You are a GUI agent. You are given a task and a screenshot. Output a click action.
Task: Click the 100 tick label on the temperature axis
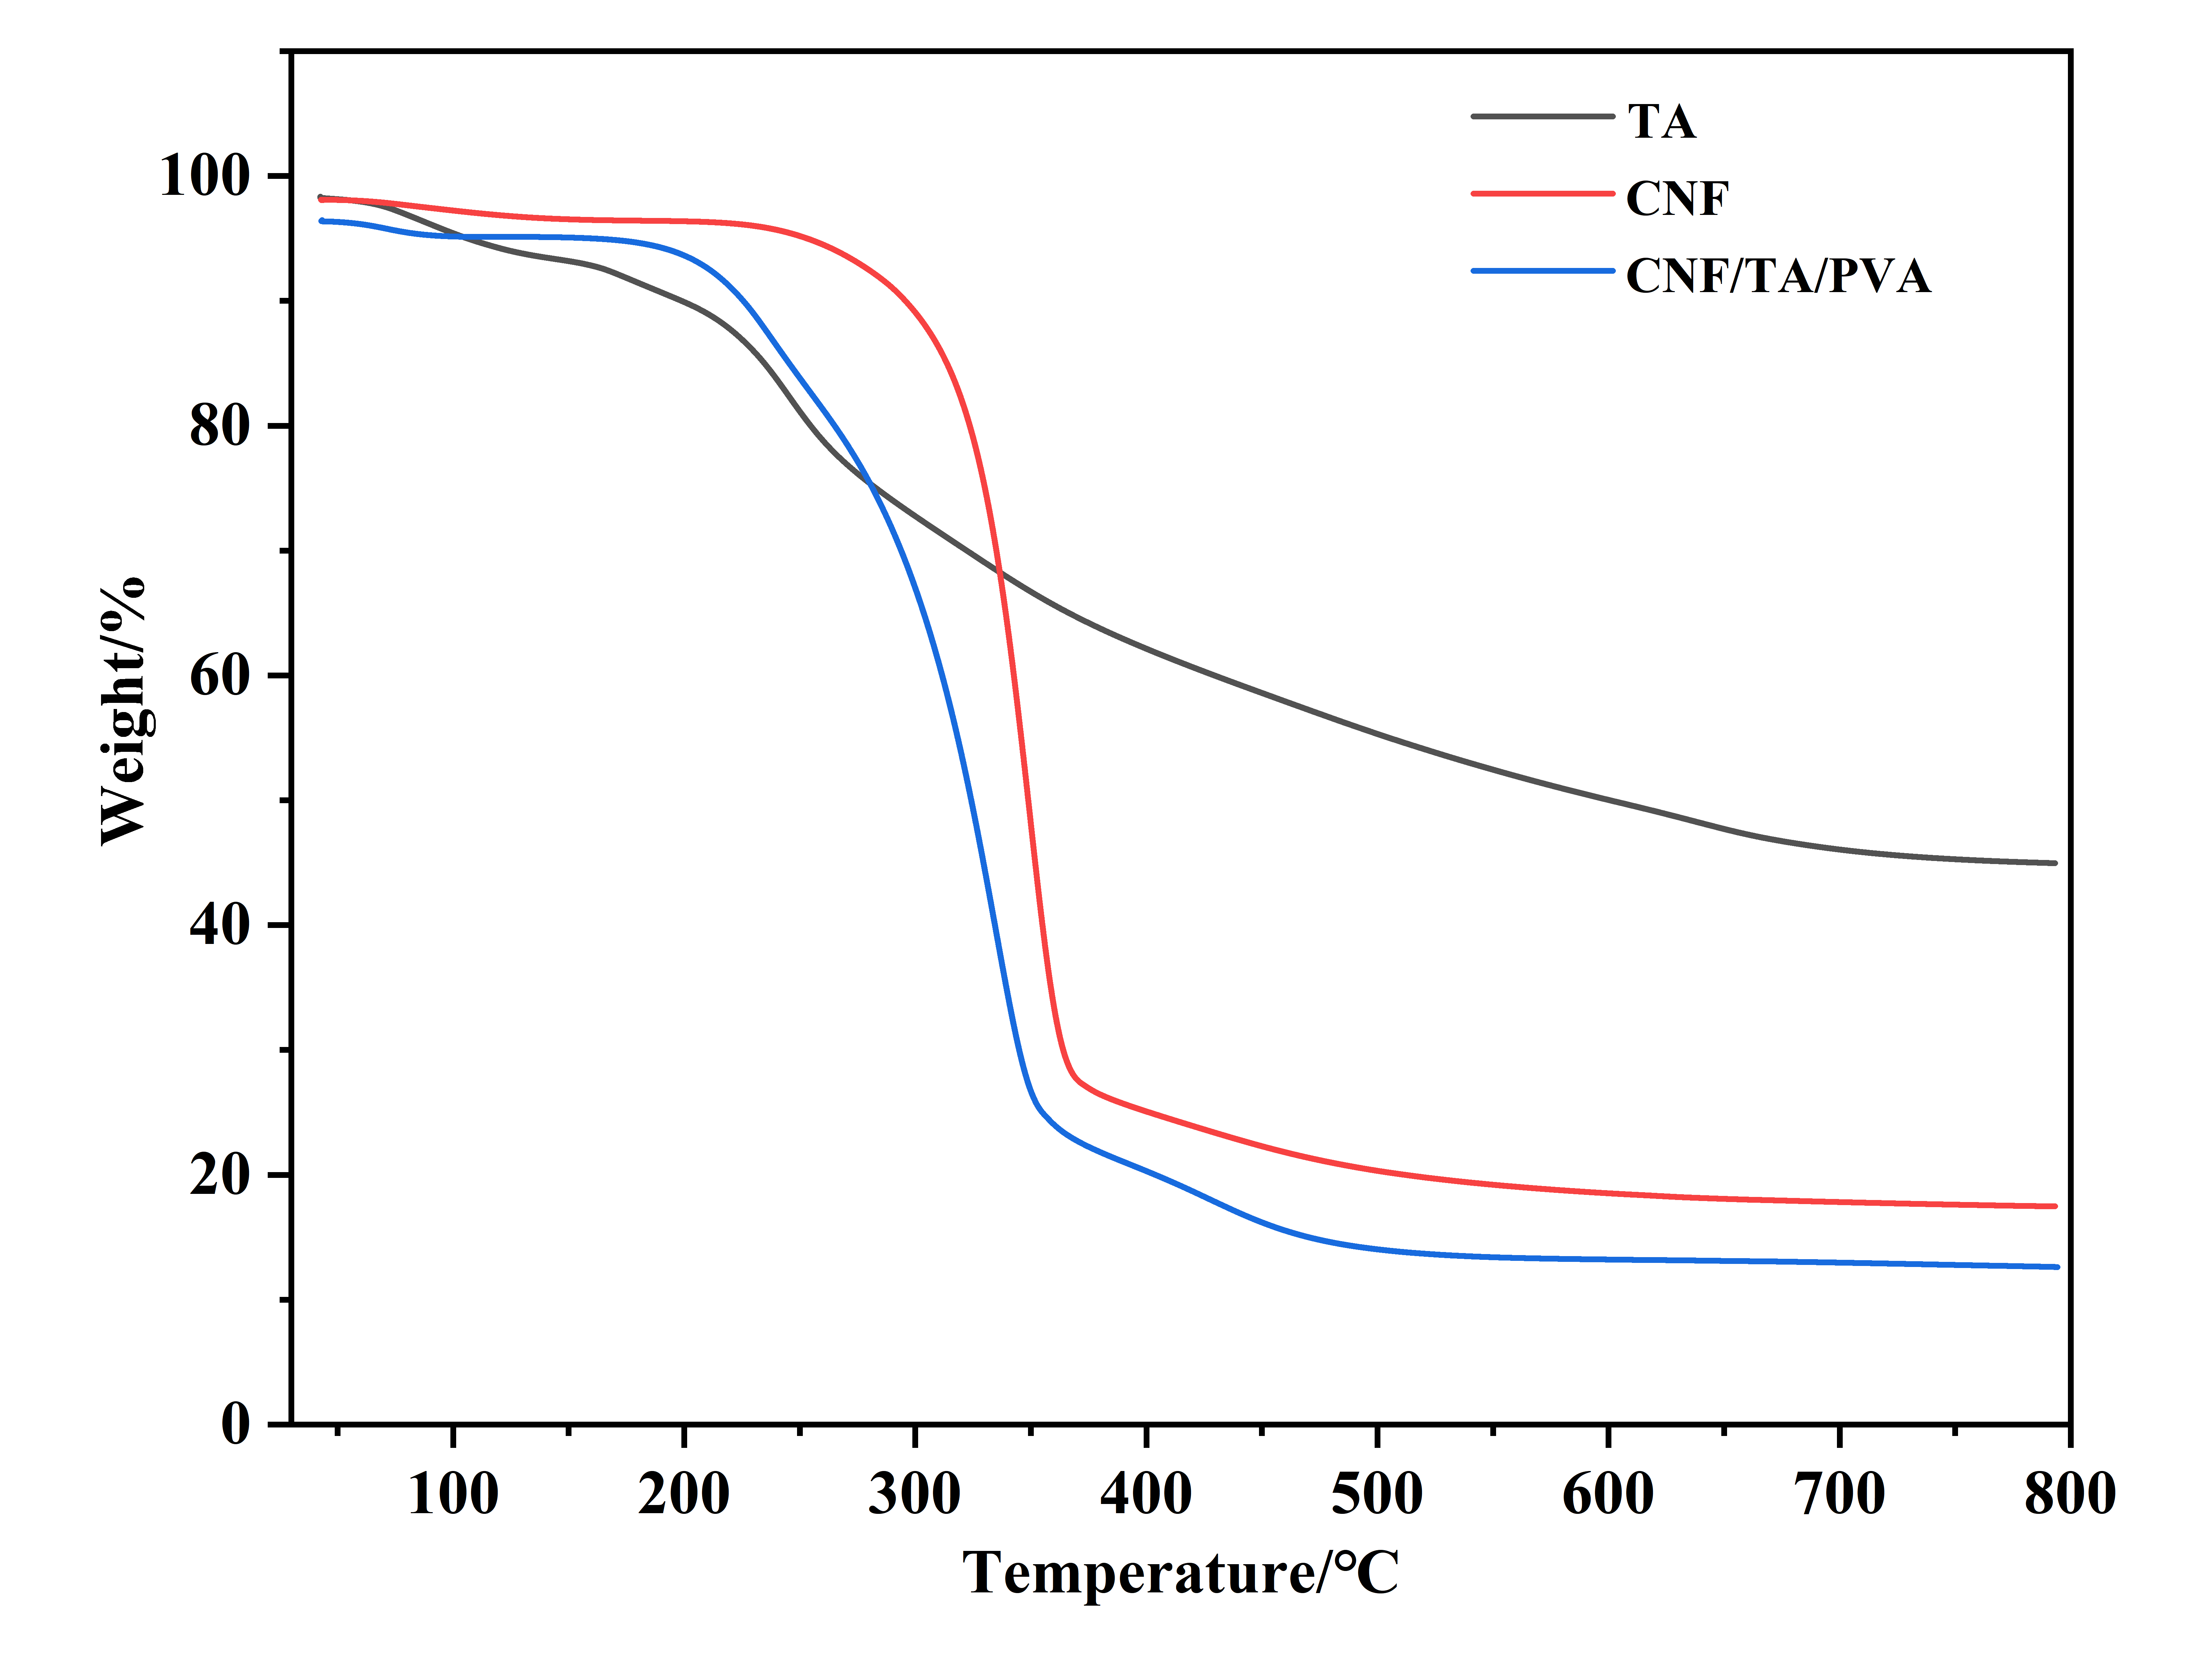click(x=453, y=1495)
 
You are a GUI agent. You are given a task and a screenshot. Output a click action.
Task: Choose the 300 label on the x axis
click(x=914, y=1495)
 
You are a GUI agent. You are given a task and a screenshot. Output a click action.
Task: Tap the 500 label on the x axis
click(x=1377, y=1495)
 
